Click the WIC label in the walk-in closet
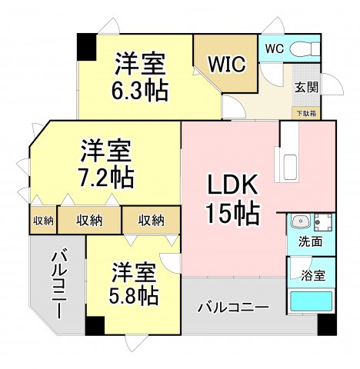[x=225, y=63]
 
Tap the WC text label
[x=274, y=48]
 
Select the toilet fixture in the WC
[x=305, y=48]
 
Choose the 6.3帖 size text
[x=140, y=91]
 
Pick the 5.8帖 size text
[x=132, y=296]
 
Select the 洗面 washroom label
[x=311, y=242]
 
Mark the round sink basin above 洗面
[x=301, y=222]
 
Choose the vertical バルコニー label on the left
[x=58, y=285]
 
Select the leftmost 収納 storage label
[x=43, y=221]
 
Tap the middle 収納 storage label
[x=89, y=221]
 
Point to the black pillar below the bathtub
[x=327, y=324]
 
